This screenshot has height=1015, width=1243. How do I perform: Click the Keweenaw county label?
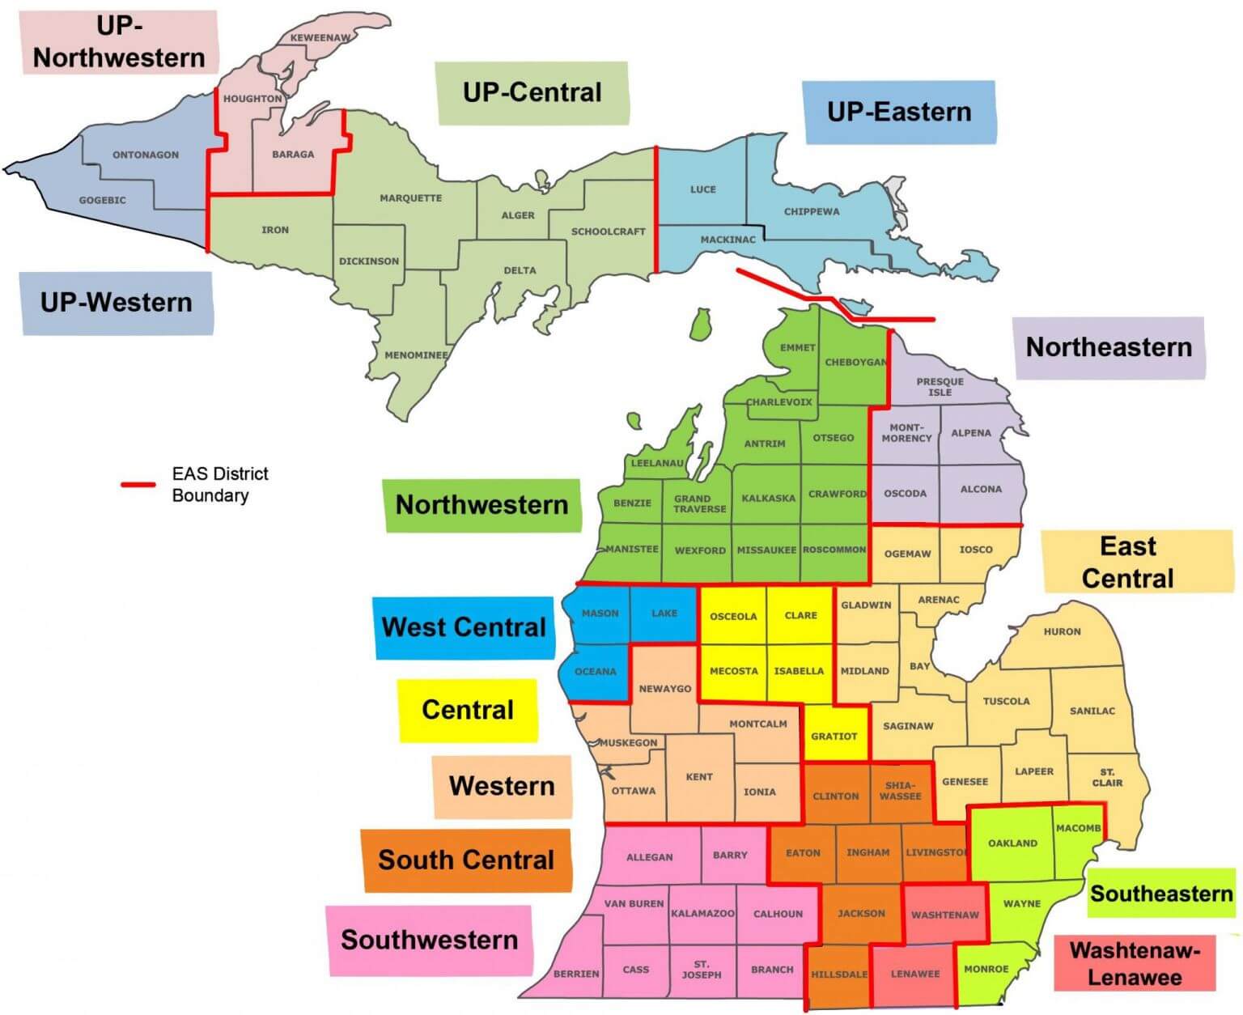click(x=320, y=38)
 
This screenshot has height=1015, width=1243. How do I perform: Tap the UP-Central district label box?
click(x=532, y=92)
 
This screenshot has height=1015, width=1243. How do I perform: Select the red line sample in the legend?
click(x=138, y=485)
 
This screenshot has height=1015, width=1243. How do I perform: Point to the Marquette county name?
click(x=410, y=198)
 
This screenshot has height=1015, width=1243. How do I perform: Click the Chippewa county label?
click(x=811, y=212)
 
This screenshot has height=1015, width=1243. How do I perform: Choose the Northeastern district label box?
click(x=1108, y=347)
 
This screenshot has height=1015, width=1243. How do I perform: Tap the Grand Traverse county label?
click(x=699, y=503)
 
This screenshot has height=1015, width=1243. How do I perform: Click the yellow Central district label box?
click(x=468, y=710)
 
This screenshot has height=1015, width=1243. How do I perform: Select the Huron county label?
click(x=1062, y=631)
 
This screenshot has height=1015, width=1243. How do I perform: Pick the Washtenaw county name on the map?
click(x=944, y=915)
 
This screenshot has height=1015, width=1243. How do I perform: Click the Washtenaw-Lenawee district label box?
click(x=1134, y=962)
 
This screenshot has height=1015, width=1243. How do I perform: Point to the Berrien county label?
click(x=576, y=974)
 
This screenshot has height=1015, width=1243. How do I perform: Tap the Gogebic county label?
click(x=102, y=200)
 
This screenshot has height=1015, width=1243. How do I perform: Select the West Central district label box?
click(x=464, y=627)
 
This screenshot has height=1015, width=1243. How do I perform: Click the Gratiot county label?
click(x=834, y=736)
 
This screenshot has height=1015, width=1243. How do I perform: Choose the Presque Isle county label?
click(x=940, y=387)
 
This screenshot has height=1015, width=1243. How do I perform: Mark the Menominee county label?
click(x=416, y=355)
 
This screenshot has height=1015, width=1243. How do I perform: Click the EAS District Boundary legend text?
click(x=219, y=484)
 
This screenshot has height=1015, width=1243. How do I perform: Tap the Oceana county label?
click(x=595, y=671)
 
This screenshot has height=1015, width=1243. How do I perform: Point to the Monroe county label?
click(x=986, y=969)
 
